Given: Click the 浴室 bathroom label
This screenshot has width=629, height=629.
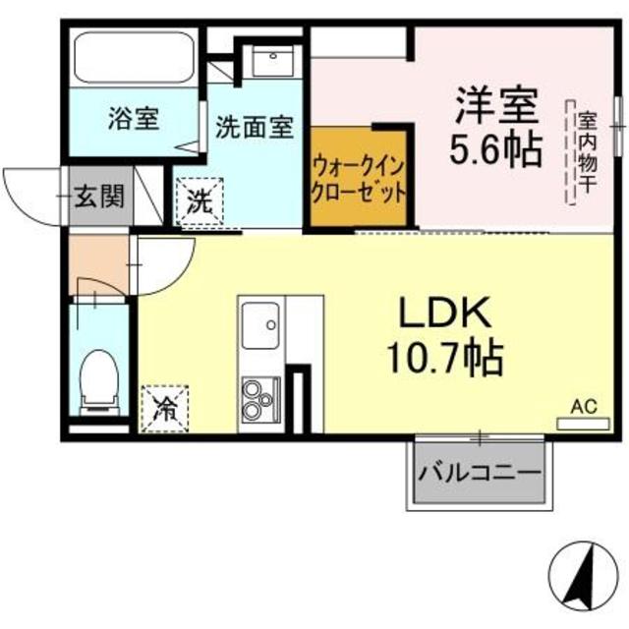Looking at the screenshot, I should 136,119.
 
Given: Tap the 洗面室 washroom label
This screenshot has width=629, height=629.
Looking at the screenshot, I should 254,127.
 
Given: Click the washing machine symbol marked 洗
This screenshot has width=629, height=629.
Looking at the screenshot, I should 200,203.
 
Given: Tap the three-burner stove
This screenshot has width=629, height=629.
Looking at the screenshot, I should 260,398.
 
